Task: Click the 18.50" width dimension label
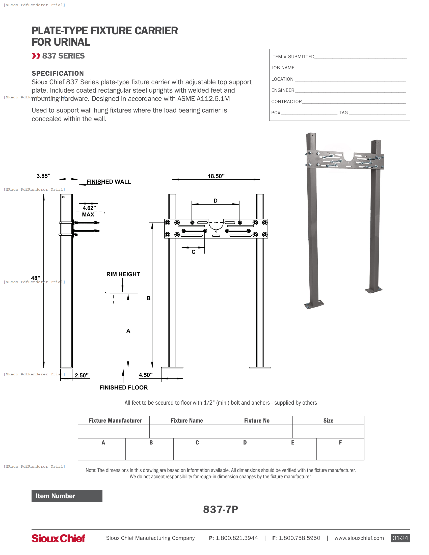point(216,176)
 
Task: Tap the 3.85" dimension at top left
point(43,176)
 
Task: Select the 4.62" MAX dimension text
point(89,211)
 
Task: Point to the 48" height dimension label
point(36,278)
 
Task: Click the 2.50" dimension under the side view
point(82,375)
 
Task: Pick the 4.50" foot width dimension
point(146,375)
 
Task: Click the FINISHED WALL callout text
point(109,182)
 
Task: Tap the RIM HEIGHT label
point(123,274)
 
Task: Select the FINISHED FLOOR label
point(123,387)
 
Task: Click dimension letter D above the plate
point(216,201)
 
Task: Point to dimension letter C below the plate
point(193,252)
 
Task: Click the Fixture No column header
point(257,421)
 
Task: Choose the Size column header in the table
point(328,421)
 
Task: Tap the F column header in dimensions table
point(340,442)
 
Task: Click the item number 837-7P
point(220,509)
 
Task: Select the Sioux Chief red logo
point(58,538)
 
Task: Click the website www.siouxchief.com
point(359,538)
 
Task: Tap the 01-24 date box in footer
point(400,538)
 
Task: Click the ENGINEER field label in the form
point(283,90)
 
